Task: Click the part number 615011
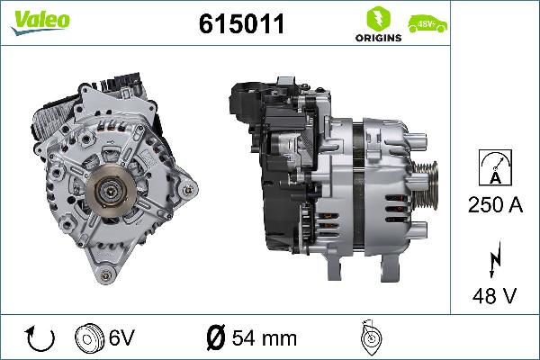240,25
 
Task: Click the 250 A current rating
495,204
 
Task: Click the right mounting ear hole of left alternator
187,191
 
